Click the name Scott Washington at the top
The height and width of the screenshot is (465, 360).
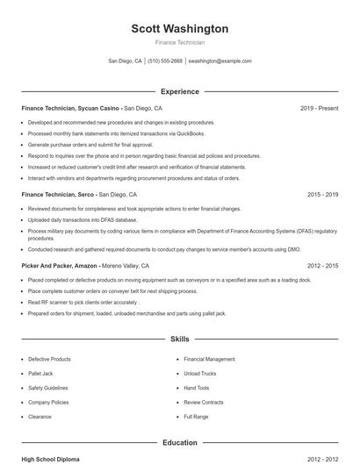pos(179,29)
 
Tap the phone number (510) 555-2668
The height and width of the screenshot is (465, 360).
pos(165,61)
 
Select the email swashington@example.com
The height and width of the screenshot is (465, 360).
pos(220,61)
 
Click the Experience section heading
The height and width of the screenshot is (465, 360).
pos(179,91)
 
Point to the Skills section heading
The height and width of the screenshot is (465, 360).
pos(179,338)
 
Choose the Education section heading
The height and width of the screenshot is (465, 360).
pos(179,443)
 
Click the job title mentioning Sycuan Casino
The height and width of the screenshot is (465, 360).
pos(70,108)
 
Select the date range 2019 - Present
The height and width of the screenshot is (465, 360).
pos(319,108)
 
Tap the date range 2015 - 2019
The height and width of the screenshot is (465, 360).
pos(322,194)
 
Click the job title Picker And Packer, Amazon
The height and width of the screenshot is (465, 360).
pos(60,265)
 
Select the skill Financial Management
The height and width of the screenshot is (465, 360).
pos(209,359)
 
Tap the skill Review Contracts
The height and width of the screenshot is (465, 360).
pos(204,402)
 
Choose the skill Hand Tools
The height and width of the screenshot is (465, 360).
pos(197,388)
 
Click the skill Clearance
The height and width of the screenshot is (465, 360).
pos(40,416)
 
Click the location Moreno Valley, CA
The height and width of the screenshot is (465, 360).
pos(125,265)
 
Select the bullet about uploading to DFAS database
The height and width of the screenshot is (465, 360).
pos(83,220)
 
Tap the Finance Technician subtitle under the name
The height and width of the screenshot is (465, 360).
pos(179,42)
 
